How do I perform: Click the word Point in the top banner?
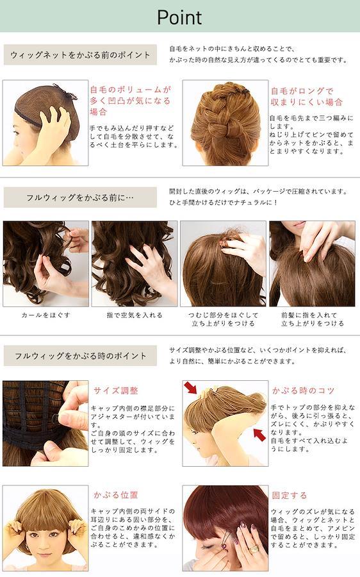pyautogui.click(x=179, y=17)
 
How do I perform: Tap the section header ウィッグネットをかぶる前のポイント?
pyautogui.click(x=80, y=55)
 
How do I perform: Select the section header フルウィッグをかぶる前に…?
pyautogui.click(x=80, y=197)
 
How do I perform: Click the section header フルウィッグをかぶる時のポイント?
pyautogui.click(x=81, y=356)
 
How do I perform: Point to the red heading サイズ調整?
pyautogui.click(x=116, y=390)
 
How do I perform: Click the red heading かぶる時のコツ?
pyautogui.click(x=303, y=390)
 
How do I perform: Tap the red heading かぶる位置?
pyautogui.click(x=115, y=495)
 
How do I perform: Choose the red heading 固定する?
pyautogui.click(x=290, y=496)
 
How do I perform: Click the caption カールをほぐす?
pyautogui.click(x=46, y=315)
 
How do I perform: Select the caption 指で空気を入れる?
pyautogui.click(x=135, y=315)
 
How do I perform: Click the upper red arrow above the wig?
pyautogui.click(x=191, y=388)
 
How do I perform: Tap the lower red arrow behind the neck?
pyautogui.click(x=259, y=435)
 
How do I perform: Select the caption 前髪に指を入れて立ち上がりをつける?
pyautogui.click(x=312, y=319)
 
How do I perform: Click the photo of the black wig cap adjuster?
pyautogui.click(x=45, y=424)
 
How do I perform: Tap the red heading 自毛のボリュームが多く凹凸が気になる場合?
pyautogui.click(x=131, y=101)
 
